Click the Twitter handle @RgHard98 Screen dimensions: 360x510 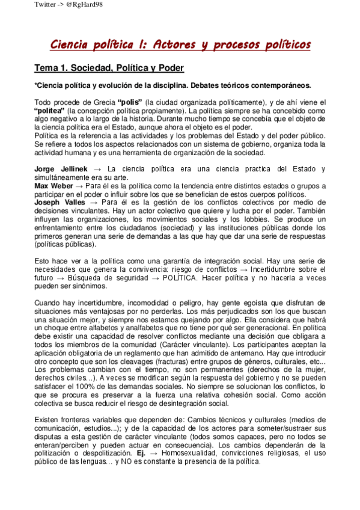[x=58, y=5]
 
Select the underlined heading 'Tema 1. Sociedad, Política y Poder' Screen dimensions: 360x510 [x=109, y=68]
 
